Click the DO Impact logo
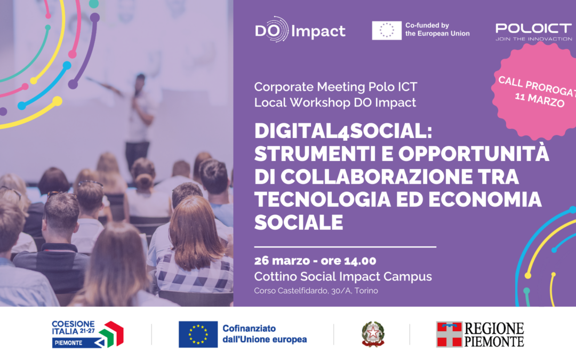[x=300, y=31]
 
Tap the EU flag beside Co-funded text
[x=387, y=30]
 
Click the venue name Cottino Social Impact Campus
[x=343, y=276]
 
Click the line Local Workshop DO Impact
[x=335, y=102]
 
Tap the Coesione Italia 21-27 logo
[x=87, y=334]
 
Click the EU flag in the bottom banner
[x=198, y=334]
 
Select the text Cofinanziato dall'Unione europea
[x=264, y=334]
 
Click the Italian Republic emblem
[x=373, y=334]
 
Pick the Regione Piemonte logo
[x=480, y=334]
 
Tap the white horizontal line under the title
[x=345, y=247]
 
